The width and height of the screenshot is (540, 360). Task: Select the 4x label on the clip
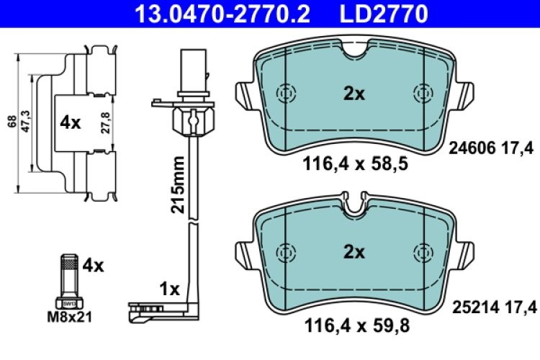coord(70,123)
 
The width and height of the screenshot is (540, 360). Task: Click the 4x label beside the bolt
coord(93,266)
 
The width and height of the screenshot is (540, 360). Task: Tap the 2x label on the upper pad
coord(354,94)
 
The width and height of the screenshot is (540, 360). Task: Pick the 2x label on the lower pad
coord(354,252)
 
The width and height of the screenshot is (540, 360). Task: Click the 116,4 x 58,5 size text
coord(352,165)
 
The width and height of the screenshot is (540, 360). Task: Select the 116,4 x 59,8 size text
coord(352,325)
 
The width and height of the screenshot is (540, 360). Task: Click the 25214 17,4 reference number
coord(493,308)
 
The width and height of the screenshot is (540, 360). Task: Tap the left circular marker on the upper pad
coord(287,94)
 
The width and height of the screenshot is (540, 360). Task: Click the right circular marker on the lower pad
coord(420,252)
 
